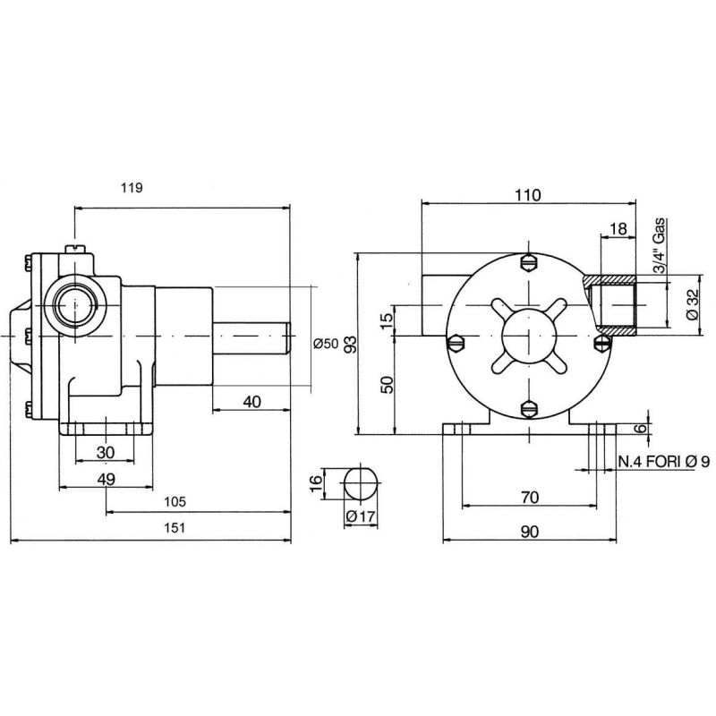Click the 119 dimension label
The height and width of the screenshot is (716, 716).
[132, 188]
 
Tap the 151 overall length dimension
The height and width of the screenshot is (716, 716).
[175, 528]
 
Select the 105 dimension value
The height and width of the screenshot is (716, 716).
[175, 502]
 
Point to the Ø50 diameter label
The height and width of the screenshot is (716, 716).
[326, 344]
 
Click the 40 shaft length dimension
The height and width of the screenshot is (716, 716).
[251, 402]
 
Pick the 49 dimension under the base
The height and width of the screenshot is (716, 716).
[106, 479]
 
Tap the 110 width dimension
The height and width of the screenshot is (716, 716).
[528, 195]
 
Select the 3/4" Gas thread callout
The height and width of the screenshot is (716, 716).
[660, 245]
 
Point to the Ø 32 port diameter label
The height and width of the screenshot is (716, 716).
[692, 305]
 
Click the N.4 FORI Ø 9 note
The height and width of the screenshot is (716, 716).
[664, 462]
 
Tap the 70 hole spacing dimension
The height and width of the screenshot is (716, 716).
[530, 498]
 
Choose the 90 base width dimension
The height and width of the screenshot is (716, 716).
[530, 532]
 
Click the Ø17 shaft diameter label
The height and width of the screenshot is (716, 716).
[361, 516]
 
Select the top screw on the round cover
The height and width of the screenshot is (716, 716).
[529, 263]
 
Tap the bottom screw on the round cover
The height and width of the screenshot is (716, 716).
[529, 408]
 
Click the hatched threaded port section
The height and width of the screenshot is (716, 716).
[610, 305]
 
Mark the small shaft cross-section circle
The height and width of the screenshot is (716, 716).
[362, 483]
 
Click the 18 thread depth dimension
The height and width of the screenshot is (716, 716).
[618, 229]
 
